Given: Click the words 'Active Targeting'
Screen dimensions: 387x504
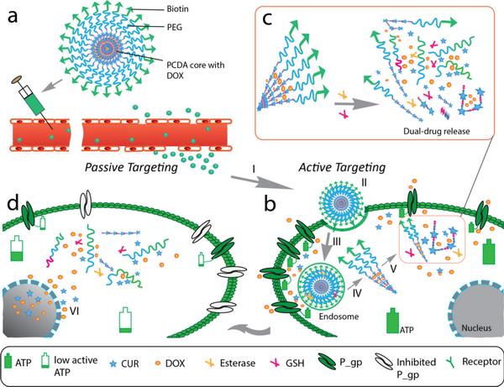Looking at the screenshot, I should [x=333, y=168].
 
